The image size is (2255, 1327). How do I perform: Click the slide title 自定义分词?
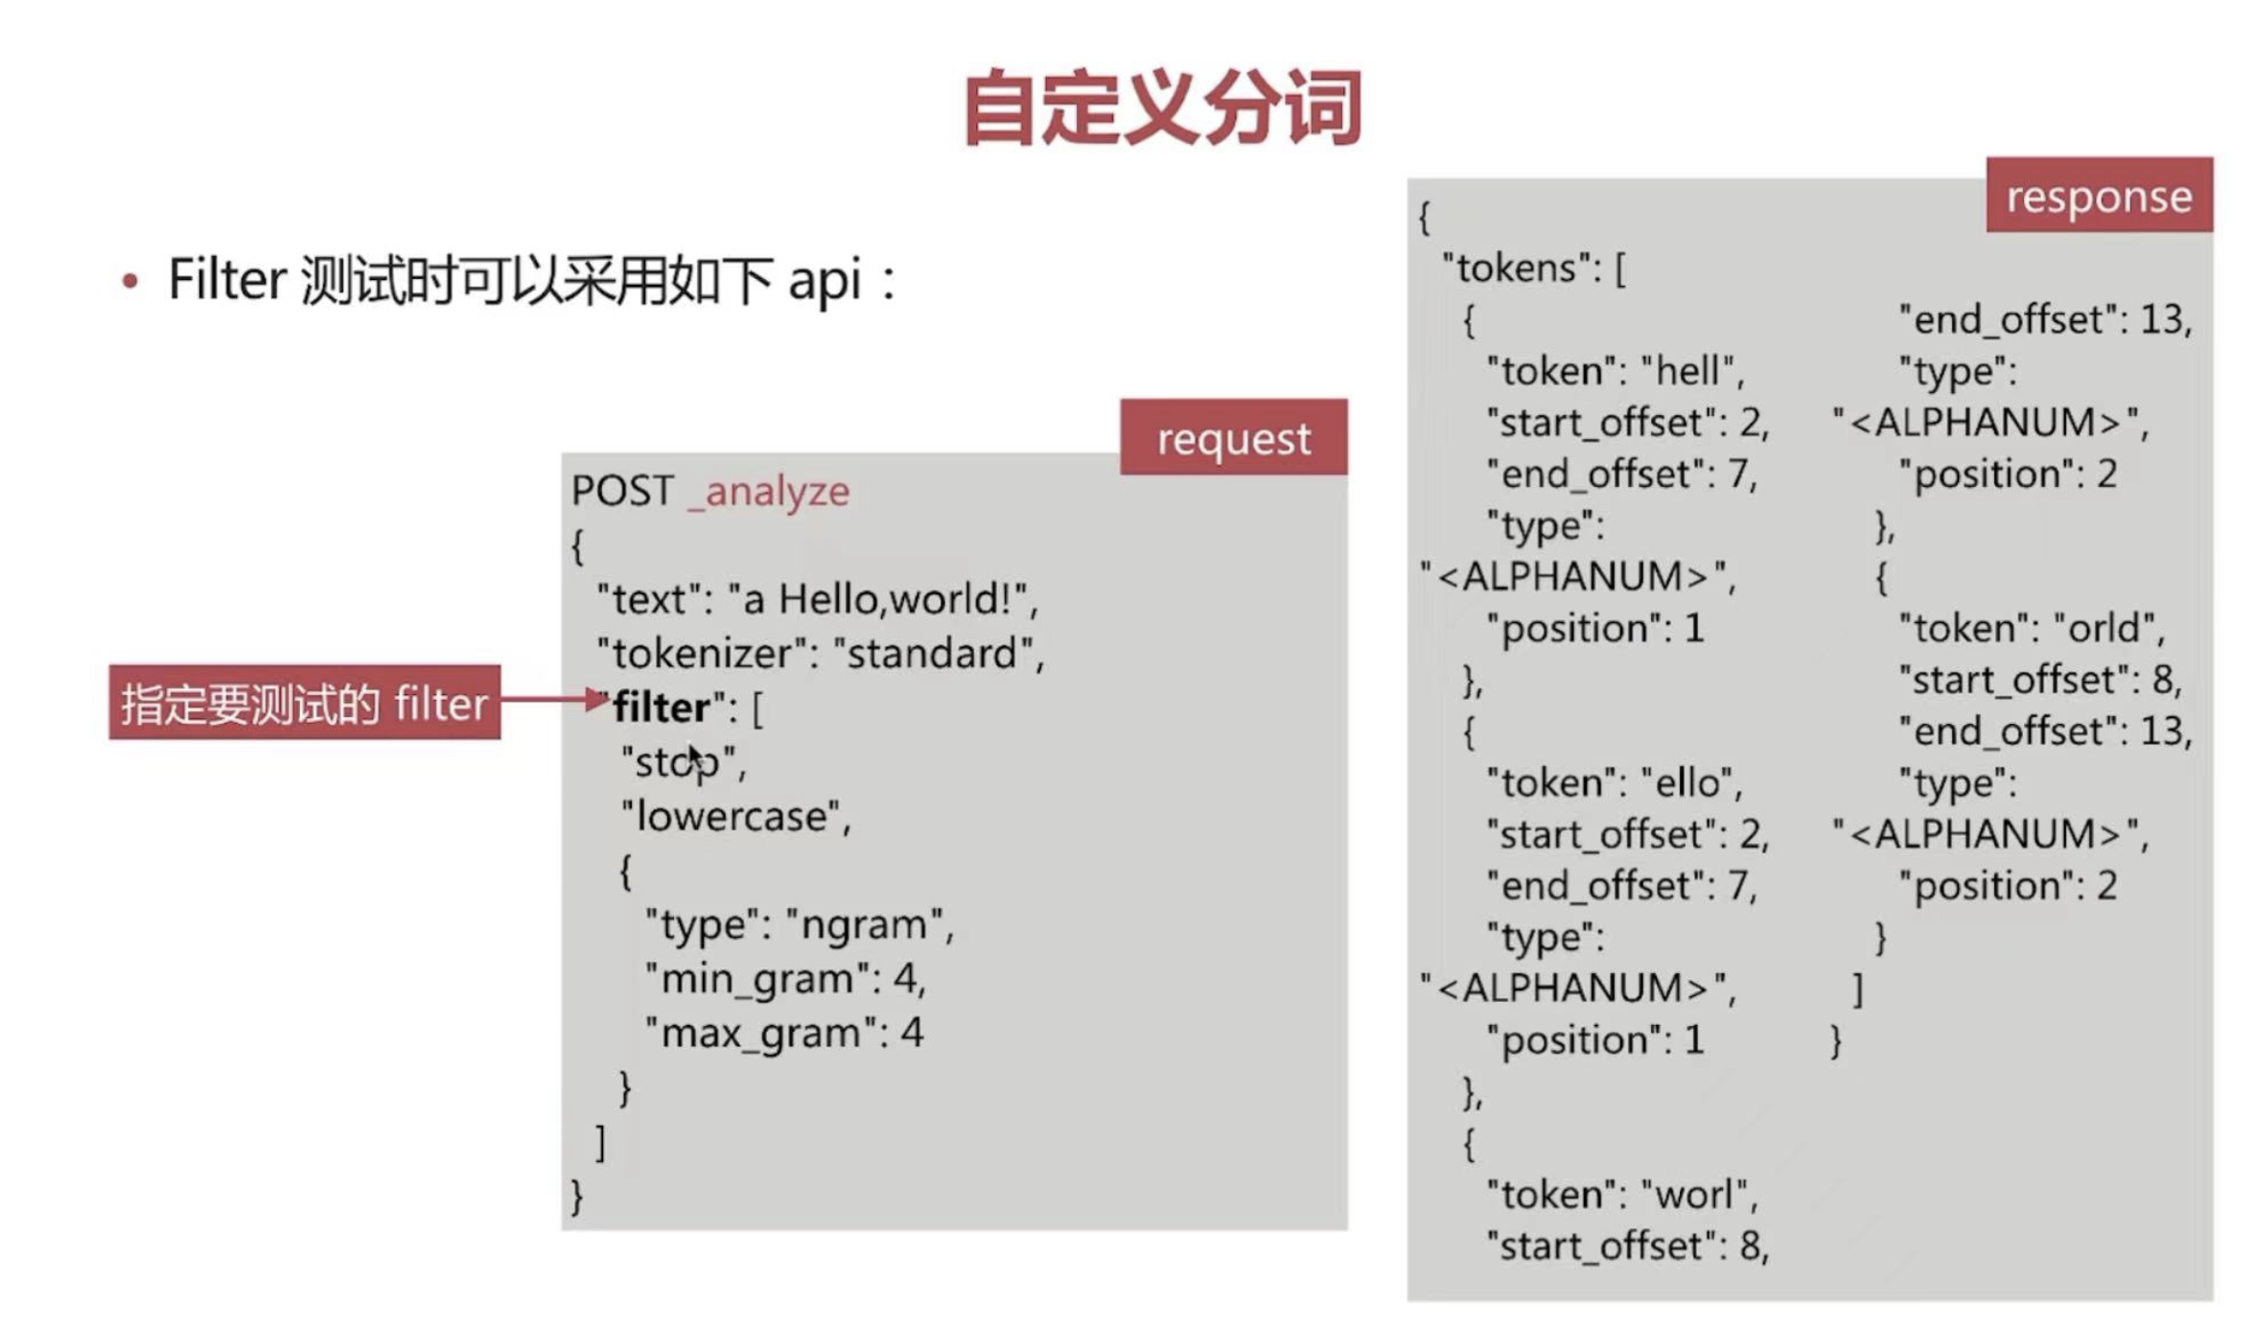1162,107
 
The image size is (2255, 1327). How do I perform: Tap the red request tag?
1233,438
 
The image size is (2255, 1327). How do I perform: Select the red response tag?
2099,196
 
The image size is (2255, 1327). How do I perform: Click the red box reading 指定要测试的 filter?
304,703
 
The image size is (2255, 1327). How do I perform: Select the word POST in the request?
622,491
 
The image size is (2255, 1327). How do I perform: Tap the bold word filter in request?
662,708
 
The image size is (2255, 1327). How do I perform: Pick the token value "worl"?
1695,1195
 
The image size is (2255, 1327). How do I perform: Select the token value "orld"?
2105,629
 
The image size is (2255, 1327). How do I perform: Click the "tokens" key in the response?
1515,268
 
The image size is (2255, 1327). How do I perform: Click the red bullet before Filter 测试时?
130,281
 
